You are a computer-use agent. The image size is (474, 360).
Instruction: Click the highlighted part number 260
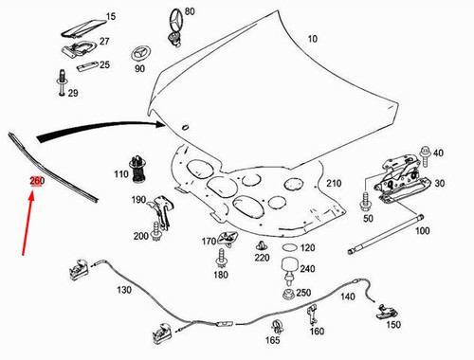pyautogui.click(x=36, y=181)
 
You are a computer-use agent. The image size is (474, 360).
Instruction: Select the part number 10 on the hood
pyautogui.click(x=313, y=39)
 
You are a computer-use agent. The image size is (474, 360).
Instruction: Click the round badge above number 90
pyautogui.click(x=138, y=52)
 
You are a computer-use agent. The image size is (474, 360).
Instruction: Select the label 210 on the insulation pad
pyautogui.click(x=334, y=183)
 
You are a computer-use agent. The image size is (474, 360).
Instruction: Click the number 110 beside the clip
pyautogui.click(x=120, y=174)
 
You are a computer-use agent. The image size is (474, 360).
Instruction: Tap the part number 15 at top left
pyautogui.click(x=110, y=17)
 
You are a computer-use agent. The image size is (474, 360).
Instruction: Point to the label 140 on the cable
pyautogui.click(x=348, y=297)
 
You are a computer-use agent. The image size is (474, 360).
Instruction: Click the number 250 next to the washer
pyautogui.click(x=304, y=293)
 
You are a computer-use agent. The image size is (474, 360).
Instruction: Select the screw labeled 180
pyautogui.click(x=220, y=257)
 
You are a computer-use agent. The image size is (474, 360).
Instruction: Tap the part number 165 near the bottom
pyautogui.click(x=271, y=340)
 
